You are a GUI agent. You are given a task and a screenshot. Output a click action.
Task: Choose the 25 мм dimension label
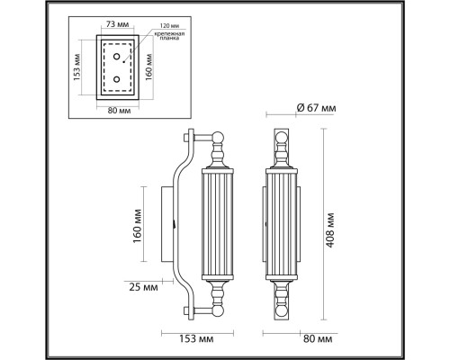[x=143, y=288]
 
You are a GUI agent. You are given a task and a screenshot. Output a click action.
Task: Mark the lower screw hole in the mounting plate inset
[x=116, y=81]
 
